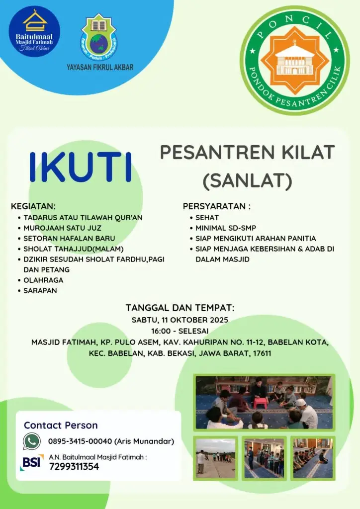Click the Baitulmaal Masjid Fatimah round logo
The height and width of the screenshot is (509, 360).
click(x=34, y=31)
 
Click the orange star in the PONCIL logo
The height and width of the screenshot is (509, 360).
click(x=295, y=60)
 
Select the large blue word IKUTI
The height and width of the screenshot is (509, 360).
click(x=81, y=167)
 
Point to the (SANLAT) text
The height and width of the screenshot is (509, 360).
click(x=247, y=181)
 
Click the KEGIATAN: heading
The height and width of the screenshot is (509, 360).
click(x=33, y=206)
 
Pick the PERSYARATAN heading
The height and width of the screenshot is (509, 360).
click(x=216, y=206)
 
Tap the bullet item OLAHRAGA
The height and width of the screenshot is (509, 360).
click(x=43, y=280)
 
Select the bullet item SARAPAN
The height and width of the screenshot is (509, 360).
click(x=40, y=290)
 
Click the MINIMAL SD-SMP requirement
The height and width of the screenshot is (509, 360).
click(x=226, y=228)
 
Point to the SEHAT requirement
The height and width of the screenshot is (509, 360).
click(x=207, y=218)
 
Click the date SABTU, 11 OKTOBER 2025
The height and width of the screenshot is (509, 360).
click(x=180, y=320)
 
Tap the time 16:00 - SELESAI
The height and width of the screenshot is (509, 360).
click(x=180, y=331)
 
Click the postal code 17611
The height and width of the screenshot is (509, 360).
click(x=262, y=353)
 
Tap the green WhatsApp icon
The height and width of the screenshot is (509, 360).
click(x=32, y=441)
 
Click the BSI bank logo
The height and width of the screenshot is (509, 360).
click(x=31, y=462)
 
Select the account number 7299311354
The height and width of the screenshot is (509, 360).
click(x=74, y=466)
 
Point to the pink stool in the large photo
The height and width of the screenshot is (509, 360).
click(x=260, y=403)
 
